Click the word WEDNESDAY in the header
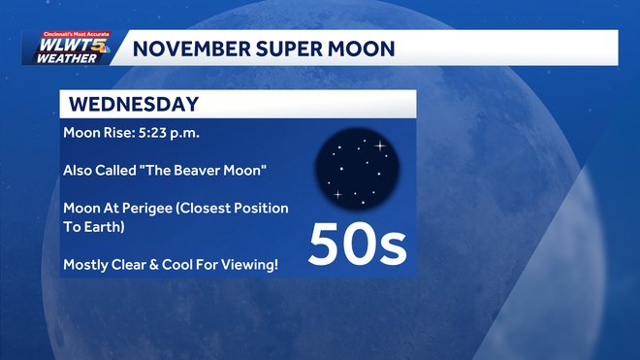pyautogui.click(x=134, y=104)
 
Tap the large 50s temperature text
pyautogui.click(x=358, y=245)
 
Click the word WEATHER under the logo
pyautogui.click(x=65, y=58)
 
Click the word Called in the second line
pyautogui.click(x=120, y=170)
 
